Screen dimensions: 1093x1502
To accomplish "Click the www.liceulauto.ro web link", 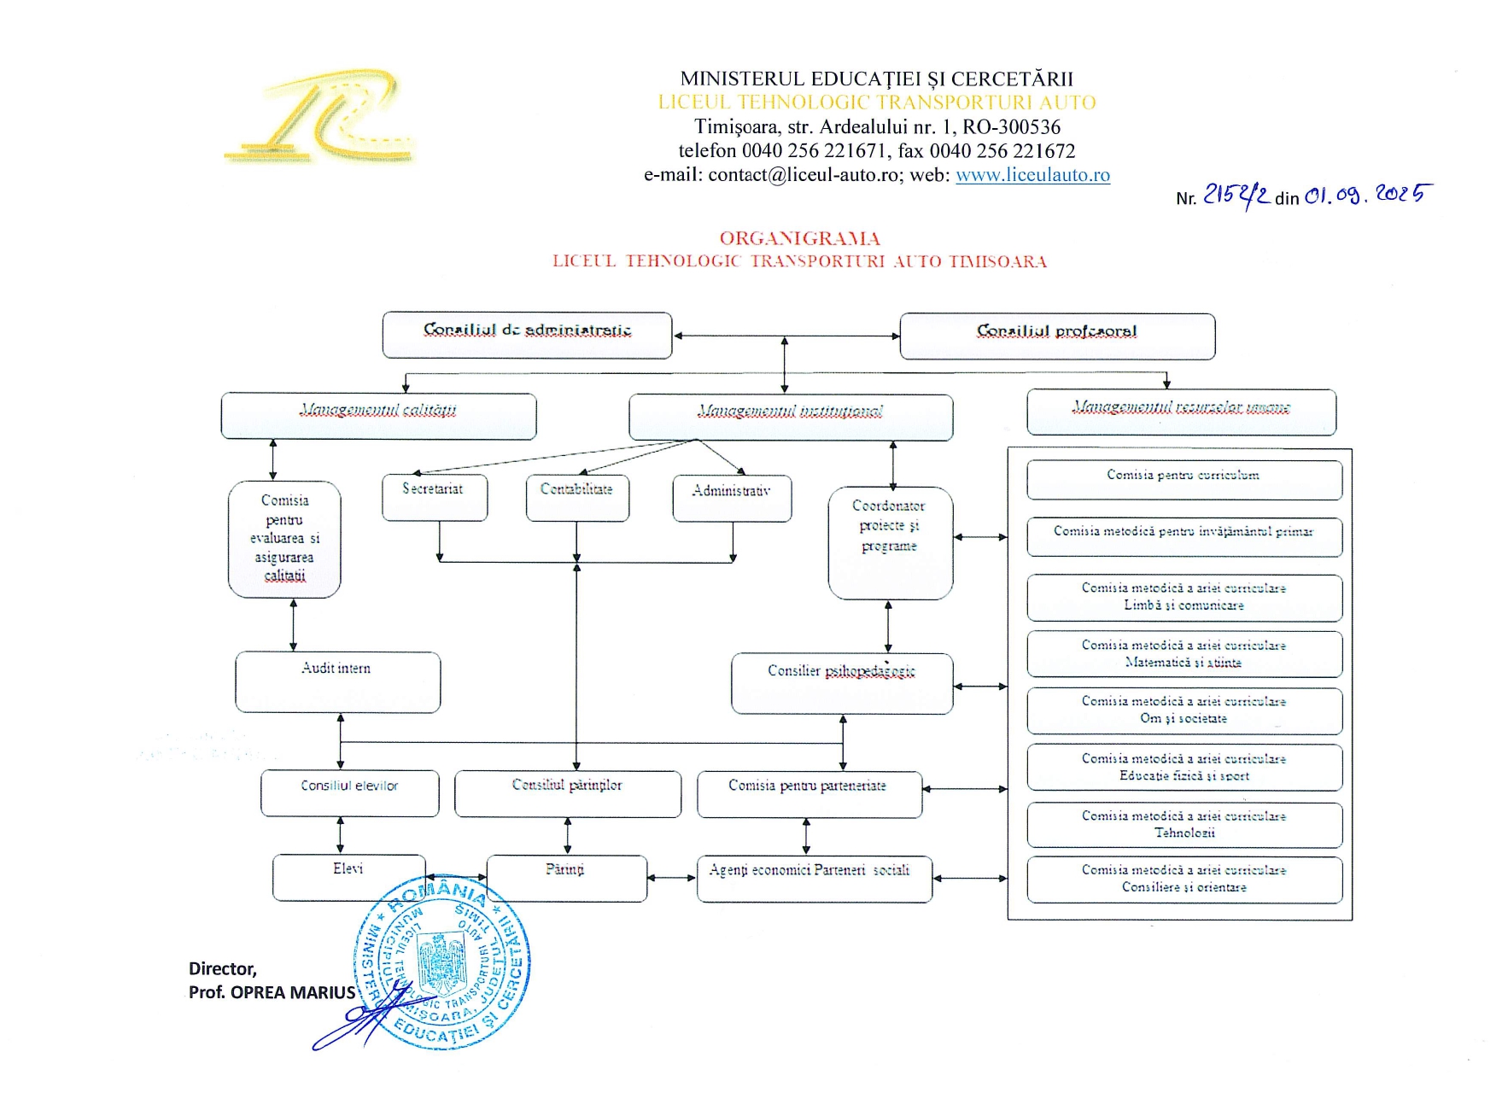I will [x=1032, y=175].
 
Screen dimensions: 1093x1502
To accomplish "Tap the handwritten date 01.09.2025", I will [x=1366, y=196].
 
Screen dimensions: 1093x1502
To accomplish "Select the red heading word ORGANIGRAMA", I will [x=799, y=238].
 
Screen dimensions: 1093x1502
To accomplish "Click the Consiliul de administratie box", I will [x=527, y=335].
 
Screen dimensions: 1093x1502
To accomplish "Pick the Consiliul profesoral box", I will [x=1057, y=336].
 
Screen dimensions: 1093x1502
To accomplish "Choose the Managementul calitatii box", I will [x=378, y=416].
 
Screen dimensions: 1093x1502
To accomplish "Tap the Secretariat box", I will [x=435, y=497].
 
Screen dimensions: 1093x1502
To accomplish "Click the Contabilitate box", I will [x=577, y=497].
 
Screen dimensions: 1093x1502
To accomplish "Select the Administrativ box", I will [x=732, y=498].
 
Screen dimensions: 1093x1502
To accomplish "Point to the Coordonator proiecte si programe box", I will [x=890, y=542].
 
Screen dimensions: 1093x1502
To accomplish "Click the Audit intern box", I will [x=337, y=681].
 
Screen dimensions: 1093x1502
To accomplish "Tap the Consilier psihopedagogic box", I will [x=842, y=682].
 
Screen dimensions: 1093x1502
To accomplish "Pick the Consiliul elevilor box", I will [x=349, y=792].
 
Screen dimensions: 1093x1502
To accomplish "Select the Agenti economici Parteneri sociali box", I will [x=814, y=878].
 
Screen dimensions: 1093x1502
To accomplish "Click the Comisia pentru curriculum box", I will [x=1183, y=480].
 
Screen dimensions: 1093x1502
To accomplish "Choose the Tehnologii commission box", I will [x=1183, y=824].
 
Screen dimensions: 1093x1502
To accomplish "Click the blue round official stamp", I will [x=442, y=961].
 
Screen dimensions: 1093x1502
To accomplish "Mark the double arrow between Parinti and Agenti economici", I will [x=672, y=877].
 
